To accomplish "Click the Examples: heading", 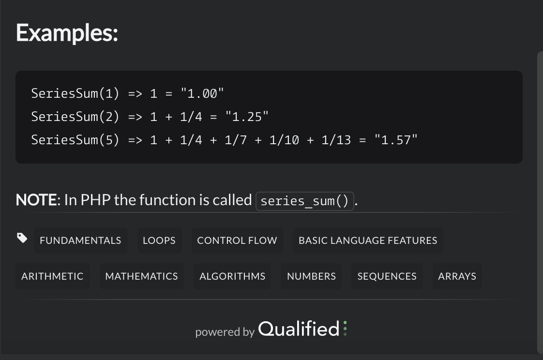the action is pyautogui.click(x=67, y=33).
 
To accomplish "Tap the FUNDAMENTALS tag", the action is pyautogui.click(x=80, y=240).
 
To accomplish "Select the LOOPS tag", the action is pyautogui.click(x=159, y=240).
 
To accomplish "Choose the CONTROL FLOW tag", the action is pyautogui.click(x=237, y=240).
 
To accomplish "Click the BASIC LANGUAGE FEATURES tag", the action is pyautogui.click(x=368, y=240).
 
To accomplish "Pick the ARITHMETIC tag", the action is pyautogui.click(x=52, y=276).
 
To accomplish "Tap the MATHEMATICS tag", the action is pyautogui.click(x=141, y=276).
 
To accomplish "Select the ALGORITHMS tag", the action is pyautogui.click(x=232, y=276).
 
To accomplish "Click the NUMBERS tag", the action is pyautogui.click(x=311, y=276).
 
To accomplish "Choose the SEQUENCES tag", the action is pyautogui.click(x=387, y=276).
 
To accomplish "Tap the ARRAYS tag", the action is pyautogui.click(x=457, y=276).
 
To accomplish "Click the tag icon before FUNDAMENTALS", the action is pyautogui.click(x=22, y=238).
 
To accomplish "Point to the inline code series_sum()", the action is pyautogui.click(x=304, y=201).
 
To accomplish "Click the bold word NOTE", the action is pyautogui.click(x=36, y=200).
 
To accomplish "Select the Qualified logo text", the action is pyautogui.click(x=299, y=329).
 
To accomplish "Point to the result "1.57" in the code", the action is pyautogui.click(x=396, y=140).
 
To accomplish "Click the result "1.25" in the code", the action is pyautogui.click(x=247, y=117).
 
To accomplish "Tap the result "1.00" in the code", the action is pyautogui.click(x=202, y=93).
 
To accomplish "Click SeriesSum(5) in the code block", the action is pyautogui.click(x=75, y=140).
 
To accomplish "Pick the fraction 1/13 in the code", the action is pyautogui.click(x=336, y=140).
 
